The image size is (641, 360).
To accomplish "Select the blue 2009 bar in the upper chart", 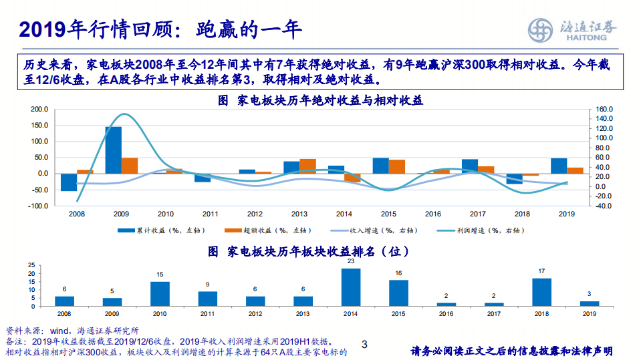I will (113, 150).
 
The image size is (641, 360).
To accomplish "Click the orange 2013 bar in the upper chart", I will (308, 166).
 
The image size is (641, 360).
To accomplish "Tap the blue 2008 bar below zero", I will (69, 182).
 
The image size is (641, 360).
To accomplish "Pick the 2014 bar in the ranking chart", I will (351, 287).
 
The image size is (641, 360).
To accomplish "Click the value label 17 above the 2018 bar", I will (541, 271).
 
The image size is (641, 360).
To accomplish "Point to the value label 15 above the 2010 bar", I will (160, 275).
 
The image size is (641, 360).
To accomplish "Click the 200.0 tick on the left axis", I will (39, 109).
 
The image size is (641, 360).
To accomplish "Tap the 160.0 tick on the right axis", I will (603, 109).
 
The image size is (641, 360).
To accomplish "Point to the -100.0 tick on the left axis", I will (37, 206).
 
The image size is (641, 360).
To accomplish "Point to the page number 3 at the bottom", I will (364, 345).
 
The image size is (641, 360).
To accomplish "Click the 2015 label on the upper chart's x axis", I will (388, 214).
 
